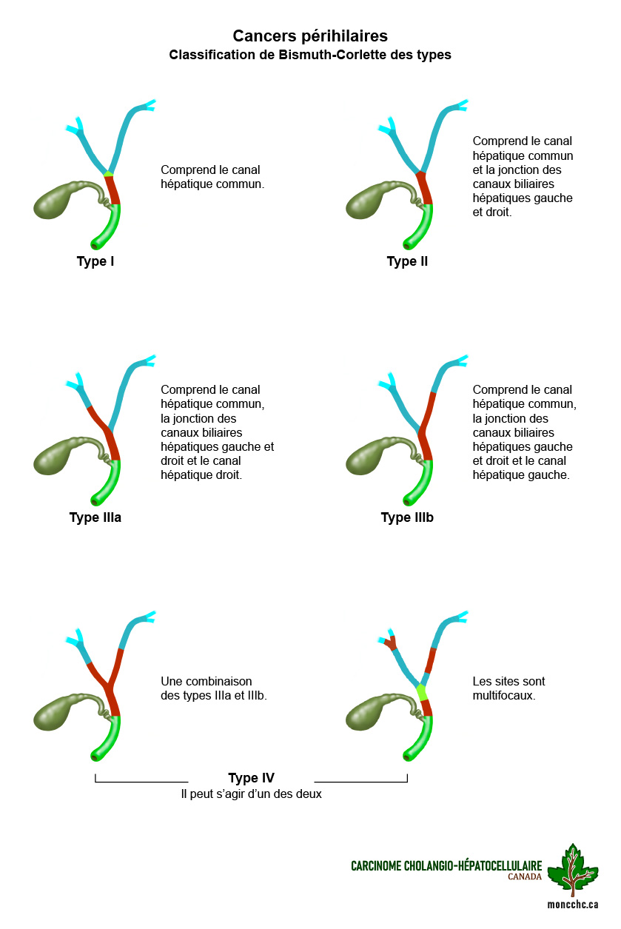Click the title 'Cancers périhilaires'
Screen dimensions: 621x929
310,36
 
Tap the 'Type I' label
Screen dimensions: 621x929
95,261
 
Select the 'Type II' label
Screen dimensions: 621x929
407,261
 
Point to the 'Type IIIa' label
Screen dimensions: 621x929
95,517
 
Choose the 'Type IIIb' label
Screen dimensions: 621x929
407,517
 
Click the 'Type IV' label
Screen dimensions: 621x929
251,778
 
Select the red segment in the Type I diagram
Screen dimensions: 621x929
112,190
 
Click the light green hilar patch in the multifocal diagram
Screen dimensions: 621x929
421,692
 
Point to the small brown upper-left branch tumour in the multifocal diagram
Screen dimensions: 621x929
391,643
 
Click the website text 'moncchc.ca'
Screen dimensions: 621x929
572,905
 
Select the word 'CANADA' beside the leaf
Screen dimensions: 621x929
525,876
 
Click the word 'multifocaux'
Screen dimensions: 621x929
503,696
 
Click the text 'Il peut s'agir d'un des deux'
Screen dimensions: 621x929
251,794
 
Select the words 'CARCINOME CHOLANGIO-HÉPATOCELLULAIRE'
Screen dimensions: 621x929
446,866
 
